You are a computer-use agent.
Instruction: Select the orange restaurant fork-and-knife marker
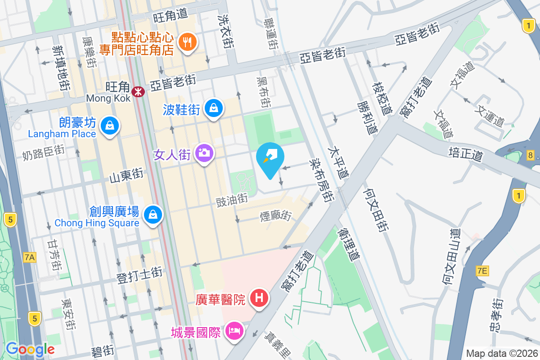(186, 42)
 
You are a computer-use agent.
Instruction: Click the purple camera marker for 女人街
(204, 153)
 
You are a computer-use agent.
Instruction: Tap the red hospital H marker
(259, 298)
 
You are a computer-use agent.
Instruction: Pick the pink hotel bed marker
(234, 331)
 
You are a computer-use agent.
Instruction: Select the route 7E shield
(482, 270)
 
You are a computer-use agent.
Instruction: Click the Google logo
(30, 349)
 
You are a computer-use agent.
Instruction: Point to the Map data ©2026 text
(501, 353)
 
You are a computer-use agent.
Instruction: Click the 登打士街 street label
(139, 275)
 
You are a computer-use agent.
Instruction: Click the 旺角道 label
(170, 16)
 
